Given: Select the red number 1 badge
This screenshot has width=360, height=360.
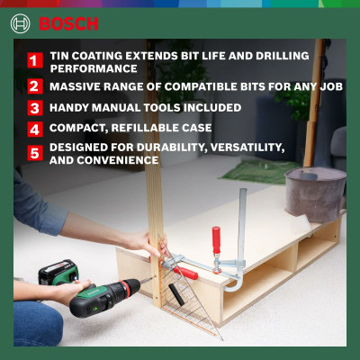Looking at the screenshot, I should tap(34, 61).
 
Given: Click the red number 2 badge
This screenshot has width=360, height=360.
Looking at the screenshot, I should tap(34, 87).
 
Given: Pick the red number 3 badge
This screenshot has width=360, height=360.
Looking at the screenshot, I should tap(34, 109).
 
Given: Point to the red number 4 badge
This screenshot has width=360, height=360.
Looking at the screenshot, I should tap(34, 130).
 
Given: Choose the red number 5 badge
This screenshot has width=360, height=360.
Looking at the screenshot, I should tap(34, 153).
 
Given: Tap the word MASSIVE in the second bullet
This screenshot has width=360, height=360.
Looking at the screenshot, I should tap(77, 87).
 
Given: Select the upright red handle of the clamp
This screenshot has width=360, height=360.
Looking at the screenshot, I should tap(216, 243).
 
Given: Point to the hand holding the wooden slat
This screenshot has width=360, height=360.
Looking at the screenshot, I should tap(144, 243).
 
